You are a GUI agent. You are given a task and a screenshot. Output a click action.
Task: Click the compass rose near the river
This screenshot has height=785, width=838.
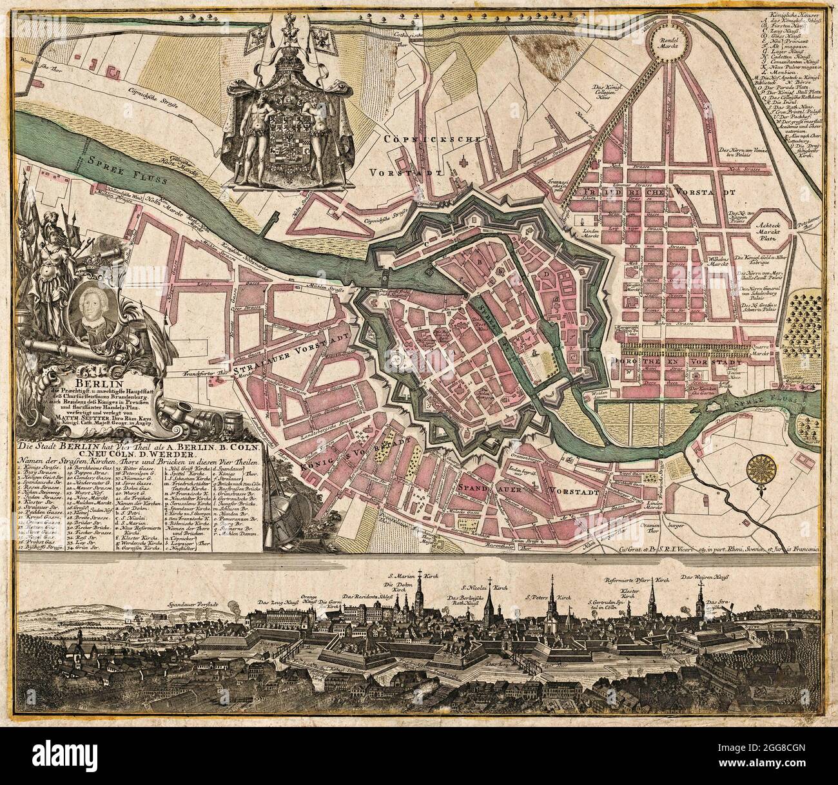click(x=763, y=465)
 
